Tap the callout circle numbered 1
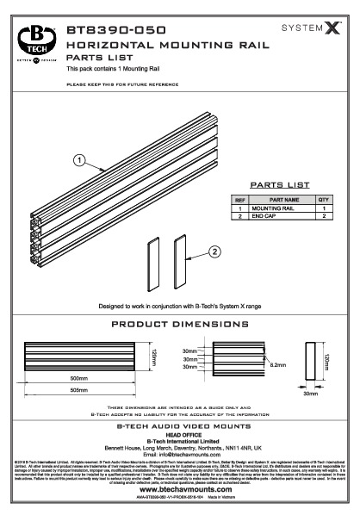point(78,159)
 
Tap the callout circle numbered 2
point(213,251)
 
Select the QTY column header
point(324,200)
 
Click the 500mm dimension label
point(79,379)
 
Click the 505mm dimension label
point(79,388)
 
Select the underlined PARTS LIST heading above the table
point(277,184)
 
